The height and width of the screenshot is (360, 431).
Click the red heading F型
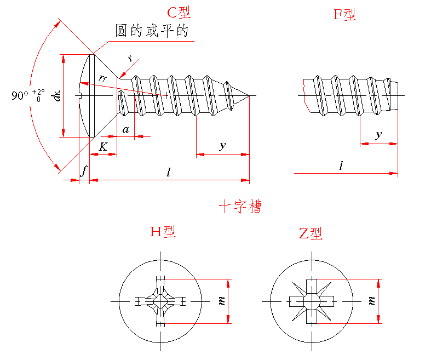pos(345,15)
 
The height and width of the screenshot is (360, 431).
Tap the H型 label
pos(163,232)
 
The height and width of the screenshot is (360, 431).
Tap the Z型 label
pos(311,234)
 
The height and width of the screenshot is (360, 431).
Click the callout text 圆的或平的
pos(152,31)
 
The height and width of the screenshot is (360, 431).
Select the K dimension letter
pos(103,147)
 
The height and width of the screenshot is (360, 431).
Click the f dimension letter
pos(84,171)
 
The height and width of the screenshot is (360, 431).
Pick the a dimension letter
pos(125,129)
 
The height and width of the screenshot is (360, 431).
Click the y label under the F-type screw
pos(378,135)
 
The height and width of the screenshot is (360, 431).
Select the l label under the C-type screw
pos(169,172)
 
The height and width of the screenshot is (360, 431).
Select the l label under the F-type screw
pos(342,165)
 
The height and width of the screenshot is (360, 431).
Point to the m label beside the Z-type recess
pos(372,301)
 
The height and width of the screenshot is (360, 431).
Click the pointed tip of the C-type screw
pos(249,96)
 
